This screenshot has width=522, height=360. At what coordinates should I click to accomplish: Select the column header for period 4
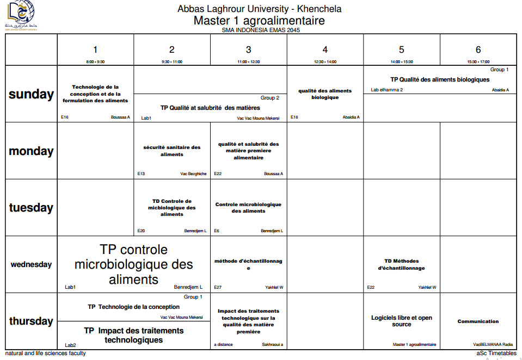pyautogui.click(x=325, y=49)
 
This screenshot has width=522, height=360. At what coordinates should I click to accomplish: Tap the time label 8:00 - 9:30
pyautogui.click(x=95, y=62)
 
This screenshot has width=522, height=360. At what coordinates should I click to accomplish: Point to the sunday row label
pyautogui.click(x=31, y=94)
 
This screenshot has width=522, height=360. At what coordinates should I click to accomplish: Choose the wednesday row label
pyautogui.click(x=31, y=265)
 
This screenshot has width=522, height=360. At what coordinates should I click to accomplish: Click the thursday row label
pyautogui.click(x=31, y=321)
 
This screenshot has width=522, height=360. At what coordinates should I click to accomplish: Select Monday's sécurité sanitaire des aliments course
pyautogui.click(x=172, y=151)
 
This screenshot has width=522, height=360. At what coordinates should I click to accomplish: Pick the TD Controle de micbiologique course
pyautogui.click(x=172, y=208)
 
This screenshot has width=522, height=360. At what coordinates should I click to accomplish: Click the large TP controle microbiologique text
pyautogui.click(x=134, y=264)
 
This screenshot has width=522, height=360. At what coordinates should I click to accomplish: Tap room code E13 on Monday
pyautogui.click(x=142, y=174)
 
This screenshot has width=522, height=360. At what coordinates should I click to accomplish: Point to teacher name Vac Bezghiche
pyautogui.click(x=193, y=174)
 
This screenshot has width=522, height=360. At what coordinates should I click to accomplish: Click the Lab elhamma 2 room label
pyautogui.click(x=387, y=90)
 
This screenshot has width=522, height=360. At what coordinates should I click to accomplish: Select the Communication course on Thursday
pyautogui.click(x=478, y=321)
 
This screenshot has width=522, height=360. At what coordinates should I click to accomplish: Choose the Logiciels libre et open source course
pyautogui.click(x=402, y=321)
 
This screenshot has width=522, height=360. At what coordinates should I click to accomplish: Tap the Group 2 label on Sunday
pyautogui.click(x=270, y=98)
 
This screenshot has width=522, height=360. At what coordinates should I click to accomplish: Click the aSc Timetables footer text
pyautogui.click(x=496, y=353)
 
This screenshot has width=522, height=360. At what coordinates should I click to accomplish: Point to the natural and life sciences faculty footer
pyautogui.click(x=46, y=353)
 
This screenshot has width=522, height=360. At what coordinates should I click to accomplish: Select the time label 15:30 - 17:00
pyautogui.click(x=478, y=62)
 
